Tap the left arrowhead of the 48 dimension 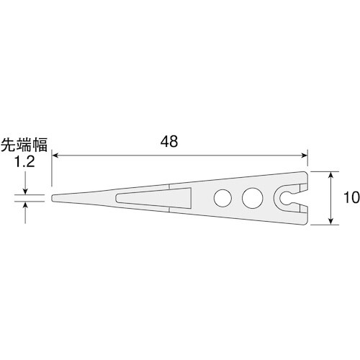(55, 153)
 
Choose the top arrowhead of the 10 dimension (330, 175)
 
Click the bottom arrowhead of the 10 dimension (330, 220)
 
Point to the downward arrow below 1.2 (26, 189)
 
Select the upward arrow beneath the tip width (26, 205)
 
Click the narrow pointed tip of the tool (56, 197)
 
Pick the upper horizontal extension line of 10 (324, 171)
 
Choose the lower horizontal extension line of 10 (324, 224)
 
